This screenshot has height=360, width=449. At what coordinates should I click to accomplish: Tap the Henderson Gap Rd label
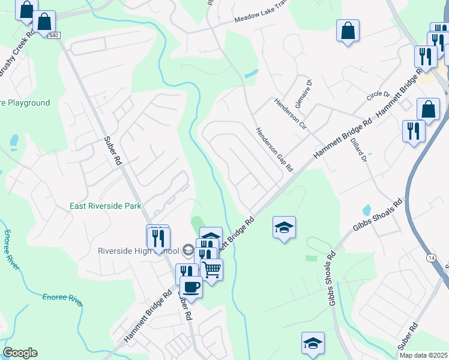(273, 148)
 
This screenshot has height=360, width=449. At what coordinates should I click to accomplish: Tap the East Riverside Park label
(106, 206)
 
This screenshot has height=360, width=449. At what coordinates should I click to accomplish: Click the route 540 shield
(54, 35)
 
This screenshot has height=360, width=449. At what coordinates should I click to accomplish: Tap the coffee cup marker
(191, 286)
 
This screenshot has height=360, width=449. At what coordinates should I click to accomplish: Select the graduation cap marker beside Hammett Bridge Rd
(284, 227)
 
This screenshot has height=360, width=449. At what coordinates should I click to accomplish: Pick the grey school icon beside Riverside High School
(188, 250)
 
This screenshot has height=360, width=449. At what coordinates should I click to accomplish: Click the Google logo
(20, 353)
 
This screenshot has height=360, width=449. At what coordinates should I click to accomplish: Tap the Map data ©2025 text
(424, 355)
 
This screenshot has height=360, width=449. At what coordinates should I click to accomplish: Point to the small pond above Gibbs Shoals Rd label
(366, 211)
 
